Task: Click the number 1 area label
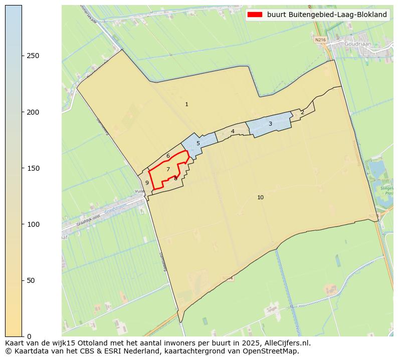point(186,104)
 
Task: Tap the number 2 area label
point(302,112)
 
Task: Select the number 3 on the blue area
point(270,124)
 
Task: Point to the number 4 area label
point(233,132)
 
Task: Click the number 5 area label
point(198,143)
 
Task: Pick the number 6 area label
point(168,156)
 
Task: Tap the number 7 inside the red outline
point(168,169)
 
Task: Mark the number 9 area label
point(147,183)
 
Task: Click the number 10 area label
point(260,197)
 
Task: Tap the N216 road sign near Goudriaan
point(320,39)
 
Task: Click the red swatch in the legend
point(255,15)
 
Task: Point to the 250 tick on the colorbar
point(34,56)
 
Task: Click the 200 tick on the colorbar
point(34,112)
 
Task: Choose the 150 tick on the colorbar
point(34,168)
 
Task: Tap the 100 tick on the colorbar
point(34,224)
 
